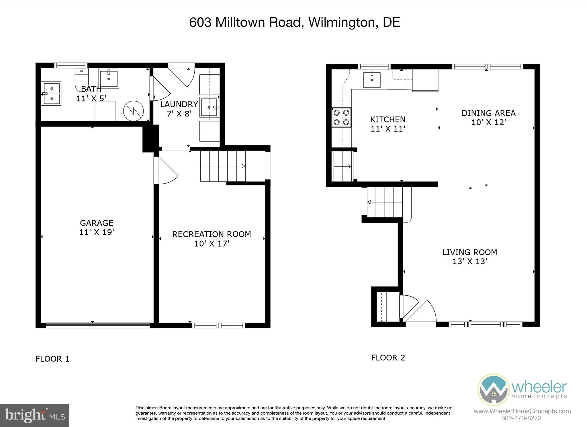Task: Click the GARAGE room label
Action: (97, 223)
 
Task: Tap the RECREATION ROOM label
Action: (212, 234)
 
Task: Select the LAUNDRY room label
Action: (179, 104)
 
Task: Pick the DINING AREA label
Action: (489, 113)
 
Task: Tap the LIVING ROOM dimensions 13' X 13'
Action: (470, 262)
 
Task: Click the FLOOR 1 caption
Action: (52, 359)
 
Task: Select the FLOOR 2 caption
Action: (388, 358)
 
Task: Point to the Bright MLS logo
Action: (35, 416)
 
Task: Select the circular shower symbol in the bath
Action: (134, 111)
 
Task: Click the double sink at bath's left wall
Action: (51, 93)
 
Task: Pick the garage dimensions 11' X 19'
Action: (97, 232)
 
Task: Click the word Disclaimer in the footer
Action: (146, 408)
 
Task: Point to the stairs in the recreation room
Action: (223, 166)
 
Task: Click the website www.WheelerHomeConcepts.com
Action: (522, 411)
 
